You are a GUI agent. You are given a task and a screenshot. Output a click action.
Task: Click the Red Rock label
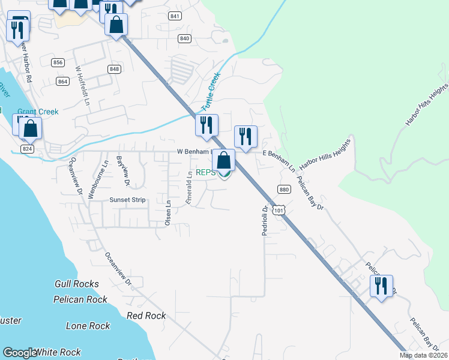146,316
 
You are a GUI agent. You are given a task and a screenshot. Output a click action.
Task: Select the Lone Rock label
88,326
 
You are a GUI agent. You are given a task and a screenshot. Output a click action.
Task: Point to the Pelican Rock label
80,299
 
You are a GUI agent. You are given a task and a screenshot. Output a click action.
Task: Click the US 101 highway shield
277,210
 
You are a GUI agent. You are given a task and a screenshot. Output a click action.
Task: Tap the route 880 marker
285,190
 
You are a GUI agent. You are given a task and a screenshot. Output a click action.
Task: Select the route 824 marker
27,149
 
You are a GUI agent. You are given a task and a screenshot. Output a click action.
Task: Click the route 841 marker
175,16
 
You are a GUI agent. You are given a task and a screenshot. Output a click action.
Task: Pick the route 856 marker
58,62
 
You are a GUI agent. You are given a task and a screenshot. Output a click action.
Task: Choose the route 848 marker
114,70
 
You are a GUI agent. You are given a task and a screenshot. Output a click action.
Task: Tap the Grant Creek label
37,112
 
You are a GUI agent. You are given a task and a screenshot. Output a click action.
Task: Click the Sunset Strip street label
127,200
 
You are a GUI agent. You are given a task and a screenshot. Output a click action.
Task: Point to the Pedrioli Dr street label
264,221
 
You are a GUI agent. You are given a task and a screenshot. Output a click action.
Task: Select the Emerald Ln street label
188,188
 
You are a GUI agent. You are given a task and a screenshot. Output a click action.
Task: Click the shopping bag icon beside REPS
224,161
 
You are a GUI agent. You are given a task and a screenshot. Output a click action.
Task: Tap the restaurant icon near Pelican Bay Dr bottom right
381,287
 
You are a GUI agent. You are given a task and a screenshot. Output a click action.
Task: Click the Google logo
20,353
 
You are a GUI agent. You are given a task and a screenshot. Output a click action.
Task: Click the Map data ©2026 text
423,355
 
